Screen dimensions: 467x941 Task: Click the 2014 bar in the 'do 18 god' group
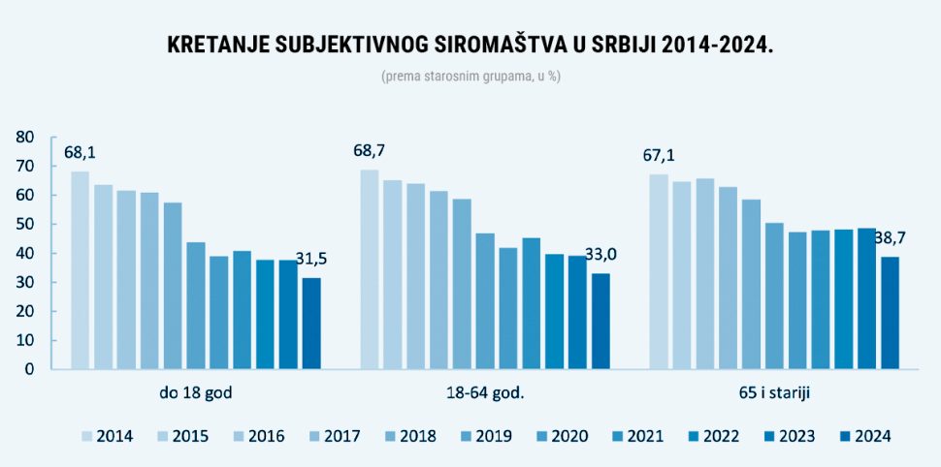coord(80,270)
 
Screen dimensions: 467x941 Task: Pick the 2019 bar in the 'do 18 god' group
coord(196,305)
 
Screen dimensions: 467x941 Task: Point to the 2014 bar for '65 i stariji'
coord(659,271)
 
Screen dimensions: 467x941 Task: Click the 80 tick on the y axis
coord(26,138)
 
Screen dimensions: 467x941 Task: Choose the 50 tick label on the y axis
coord(26,225)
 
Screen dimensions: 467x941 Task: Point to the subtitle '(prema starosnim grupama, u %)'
coord(470,77)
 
